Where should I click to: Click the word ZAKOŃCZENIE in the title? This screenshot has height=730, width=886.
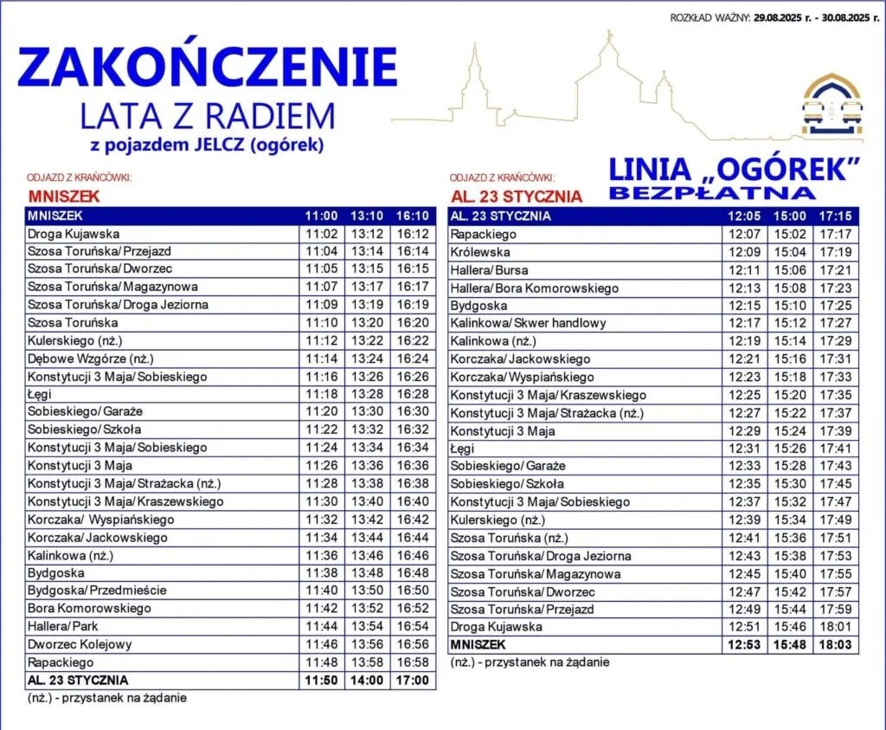[208, 68]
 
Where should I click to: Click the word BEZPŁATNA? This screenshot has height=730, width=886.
[712, 193]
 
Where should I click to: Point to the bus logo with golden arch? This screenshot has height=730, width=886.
[831, 107]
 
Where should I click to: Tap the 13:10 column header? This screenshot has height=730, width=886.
[367, 216]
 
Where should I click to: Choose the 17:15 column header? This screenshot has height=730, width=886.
[837, 216]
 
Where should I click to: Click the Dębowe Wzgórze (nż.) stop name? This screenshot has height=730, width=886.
[91, 358]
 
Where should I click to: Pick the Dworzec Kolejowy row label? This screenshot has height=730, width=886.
[80, 643]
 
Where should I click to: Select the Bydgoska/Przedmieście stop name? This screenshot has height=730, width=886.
[97, 590]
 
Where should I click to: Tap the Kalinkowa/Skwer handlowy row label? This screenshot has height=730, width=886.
[529, 323]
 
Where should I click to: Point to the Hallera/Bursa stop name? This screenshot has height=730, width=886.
[490, 270]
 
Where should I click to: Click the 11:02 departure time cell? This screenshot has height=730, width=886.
[321, 234]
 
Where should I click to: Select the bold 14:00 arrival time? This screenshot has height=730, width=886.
[367, 680]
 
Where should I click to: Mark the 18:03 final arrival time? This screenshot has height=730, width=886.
[837, 645]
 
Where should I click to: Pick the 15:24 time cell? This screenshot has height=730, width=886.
[791, 430]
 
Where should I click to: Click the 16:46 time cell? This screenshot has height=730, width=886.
[413, 555]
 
